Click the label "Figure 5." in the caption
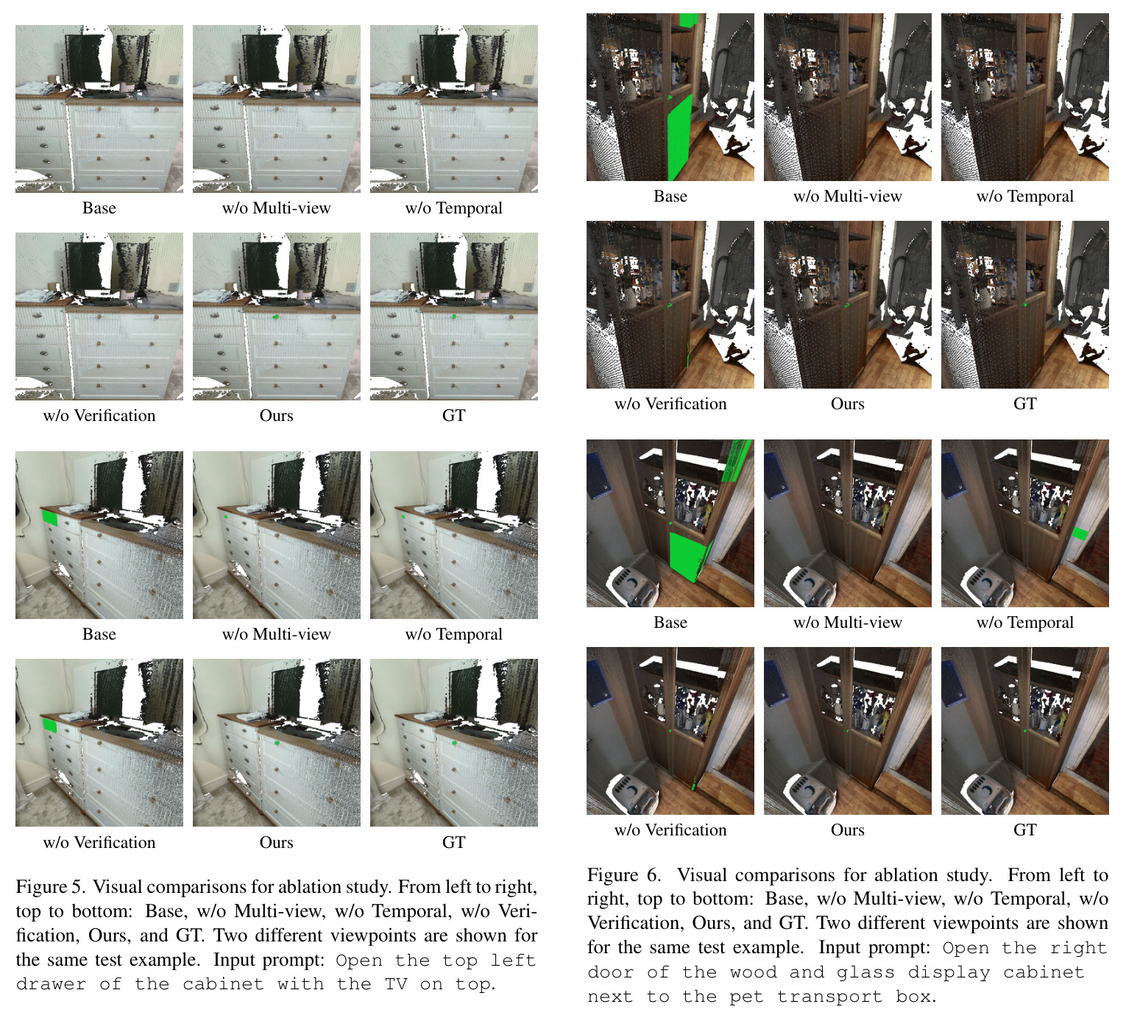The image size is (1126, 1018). coord(50,886)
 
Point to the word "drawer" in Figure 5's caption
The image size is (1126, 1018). coord(51,983)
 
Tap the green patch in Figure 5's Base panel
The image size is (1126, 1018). coord(50,517)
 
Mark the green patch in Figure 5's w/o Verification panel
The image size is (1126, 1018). coord(50,725)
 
